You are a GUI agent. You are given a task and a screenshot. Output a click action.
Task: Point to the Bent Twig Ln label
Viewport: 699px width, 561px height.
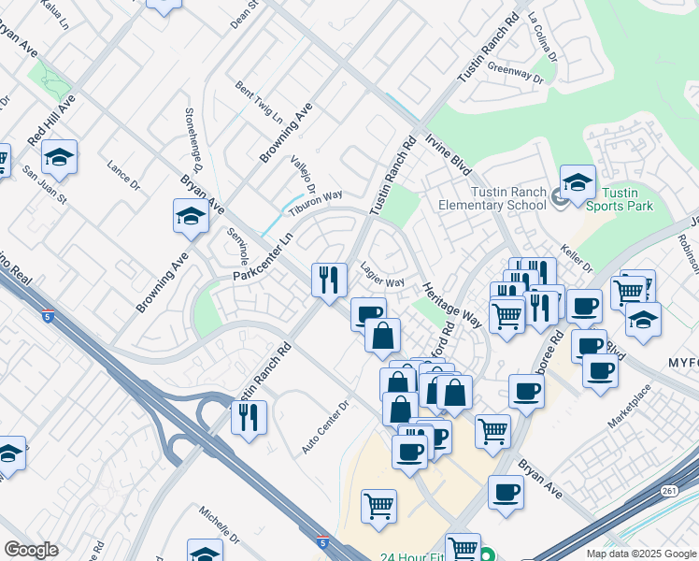(259, 103)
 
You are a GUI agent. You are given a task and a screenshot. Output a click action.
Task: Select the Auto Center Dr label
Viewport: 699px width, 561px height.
(325, 428)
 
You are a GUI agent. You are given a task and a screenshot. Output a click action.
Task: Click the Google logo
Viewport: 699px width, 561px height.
(31, 550)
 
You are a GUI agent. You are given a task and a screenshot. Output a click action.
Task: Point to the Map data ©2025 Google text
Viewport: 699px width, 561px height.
(640, 554)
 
